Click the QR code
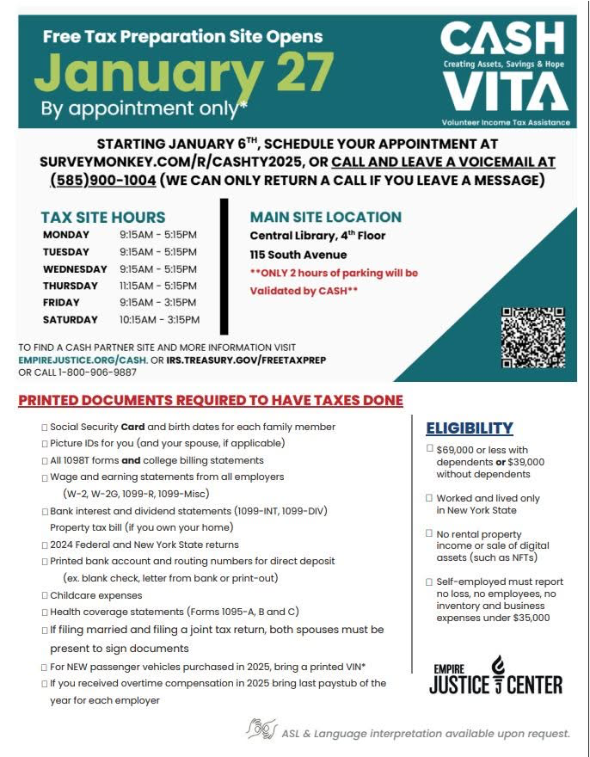click(532, 337)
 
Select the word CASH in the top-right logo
click(502, 38)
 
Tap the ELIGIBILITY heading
click(470, 428)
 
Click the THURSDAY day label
click(71, 286)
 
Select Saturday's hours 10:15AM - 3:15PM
click(159, 319)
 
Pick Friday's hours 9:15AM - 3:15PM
click(159, 303)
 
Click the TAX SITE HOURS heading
click(103, 218)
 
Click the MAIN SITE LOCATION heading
click(326, 218)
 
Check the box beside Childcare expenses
click(45, 596)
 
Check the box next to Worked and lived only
click(430, 498)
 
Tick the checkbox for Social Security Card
click(45, 428)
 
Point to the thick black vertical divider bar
click(224, 267)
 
